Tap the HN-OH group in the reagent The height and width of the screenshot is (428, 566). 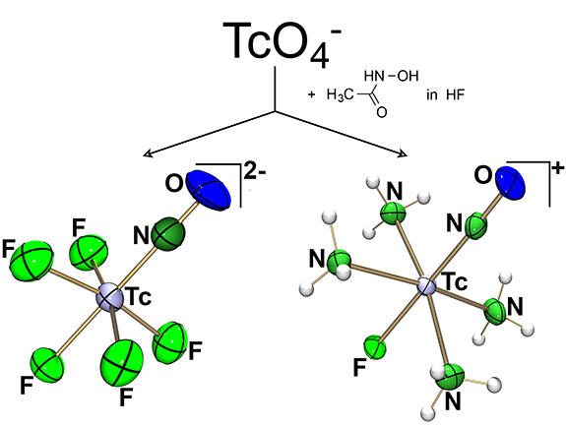tap(392, 76)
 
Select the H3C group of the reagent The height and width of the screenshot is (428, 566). tap(341, 94)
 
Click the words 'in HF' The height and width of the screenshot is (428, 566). tap(446, 94)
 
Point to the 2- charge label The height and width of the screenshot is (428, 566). tap(255, 172)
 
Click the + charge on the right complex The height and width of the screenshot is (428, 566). tap(558, 168)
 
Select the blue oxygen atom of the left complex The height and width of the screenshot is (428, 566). tap(209, 190)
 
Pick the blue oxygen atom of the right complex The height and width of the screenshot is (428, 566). tap(510, 184)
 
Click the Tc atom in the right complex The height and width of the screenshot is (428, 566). tap(426, 285)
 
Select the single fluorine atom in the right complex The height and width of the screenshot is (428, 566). tap(375, 347)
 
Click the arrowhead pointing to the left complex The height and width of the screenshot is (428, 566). tap(148, 154)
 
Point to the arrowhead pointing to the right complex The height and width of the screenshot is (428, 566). tap(403, 154)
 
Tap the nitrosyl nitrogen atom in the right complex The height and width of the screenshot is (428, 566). tap(476, 226)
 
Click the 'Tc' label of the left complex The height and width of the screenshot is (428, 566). tap(138, 298)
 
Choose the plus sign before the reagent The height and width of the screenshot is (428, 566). tap(311, 95)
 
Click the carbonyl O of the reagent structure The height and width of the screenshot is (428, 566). tap(382, 112)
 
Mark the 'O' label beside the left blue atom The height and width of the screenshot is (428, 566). tap(174, 184)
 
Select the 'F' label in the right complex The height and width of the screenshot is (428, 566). tap(359, 368)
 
